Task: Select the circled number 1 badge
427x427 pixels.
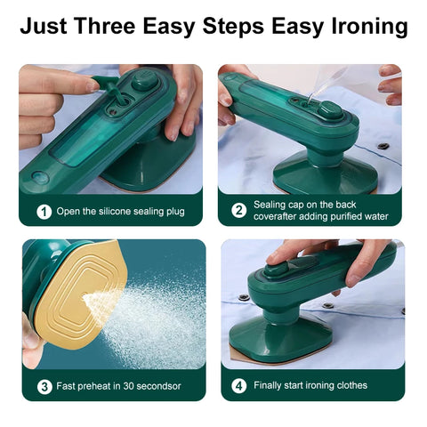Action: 43,212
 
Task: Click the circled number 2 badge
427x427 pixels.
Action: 238,211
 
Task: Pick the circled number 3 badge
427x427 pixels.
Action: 43,386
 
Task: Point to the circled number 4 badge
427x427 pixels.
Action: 238,386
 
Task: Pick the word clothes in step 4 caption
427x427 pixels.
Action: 349,386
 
